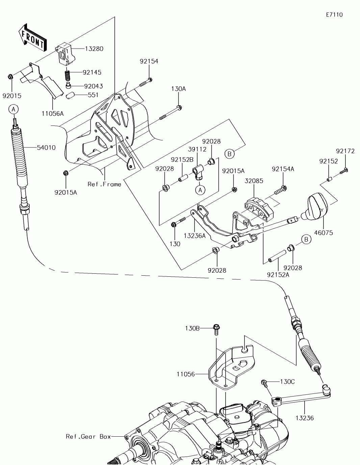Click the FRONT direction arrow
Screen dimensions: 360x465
pyautogui.click(x=32, y=38)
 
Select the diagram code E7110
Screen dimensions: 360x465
pyautogui.click(x=334, y=15)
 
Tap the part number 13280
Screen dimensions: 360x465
pyautogui.click(x=94, y=49)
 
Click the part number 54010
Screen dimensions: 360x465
pyautogui.click(x=46, y=147)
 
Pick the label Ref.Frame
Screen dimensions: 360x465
pyautogui.click(x=104, y=184)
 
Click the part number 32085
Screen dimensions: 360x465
pyautogui.click(x=254, y=181)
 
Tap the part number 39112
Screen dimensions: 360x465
pyautogui.click(x=197, y=149)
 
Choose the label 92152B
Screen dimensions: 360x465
pyautogui.click(x=182, y=159)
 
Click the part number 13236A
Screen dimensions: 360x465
pyautogui.click(x=195, y=236)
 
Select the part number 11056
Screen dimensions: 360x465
pyautogui.click(x=186, y=374)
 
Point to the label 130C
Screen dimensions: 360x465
pyautogui.click(x=287, y=382)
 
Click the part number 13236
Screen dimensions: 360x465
pyautogui.click(x=305, y=418)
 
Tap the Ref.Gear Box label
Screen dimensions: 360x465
pyautogui.click(x=88, y=436)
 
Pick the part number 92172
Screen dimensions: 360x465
pyautogui.click(x=345, y=151)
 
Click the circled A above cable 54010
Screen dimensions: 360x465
pyautogui.click(x=14, y=109)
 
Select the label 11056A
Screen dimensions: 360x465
pyautogui.click(x=52, y=113)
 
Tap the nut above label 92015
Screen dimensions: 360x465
pyautogui.click(x=10, y=76)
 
